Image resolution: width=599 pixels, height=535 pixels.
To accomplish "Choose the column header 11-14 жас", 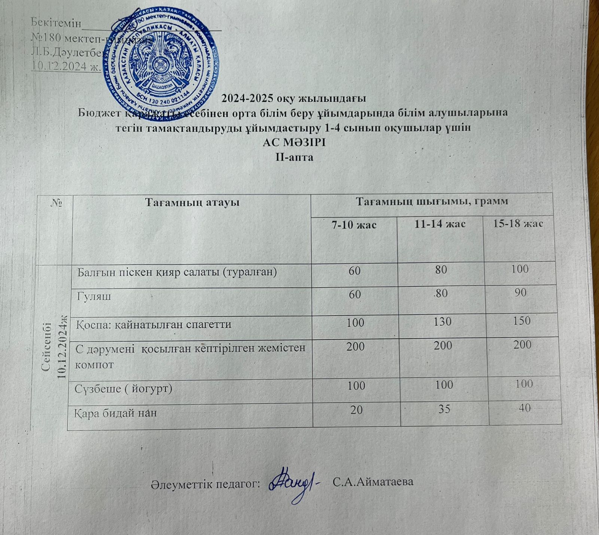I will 440,224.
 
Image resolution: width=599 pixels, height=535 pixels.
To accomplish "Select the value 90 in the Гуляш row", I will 520,292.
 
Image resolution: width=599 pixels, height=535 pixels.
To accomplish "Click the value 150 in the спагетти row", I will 522,321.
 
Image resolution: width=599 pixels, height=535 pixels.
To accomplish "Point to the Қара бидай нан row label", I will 116,413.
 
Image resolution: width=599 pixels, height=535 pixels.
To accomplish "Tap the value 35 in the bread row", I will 444,410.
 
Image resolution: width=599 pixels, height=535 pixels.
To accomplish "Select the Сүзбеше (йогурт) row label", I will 124,389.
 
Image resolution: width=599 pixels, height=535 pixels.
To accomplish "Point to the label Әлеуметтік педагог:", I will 206,484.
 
